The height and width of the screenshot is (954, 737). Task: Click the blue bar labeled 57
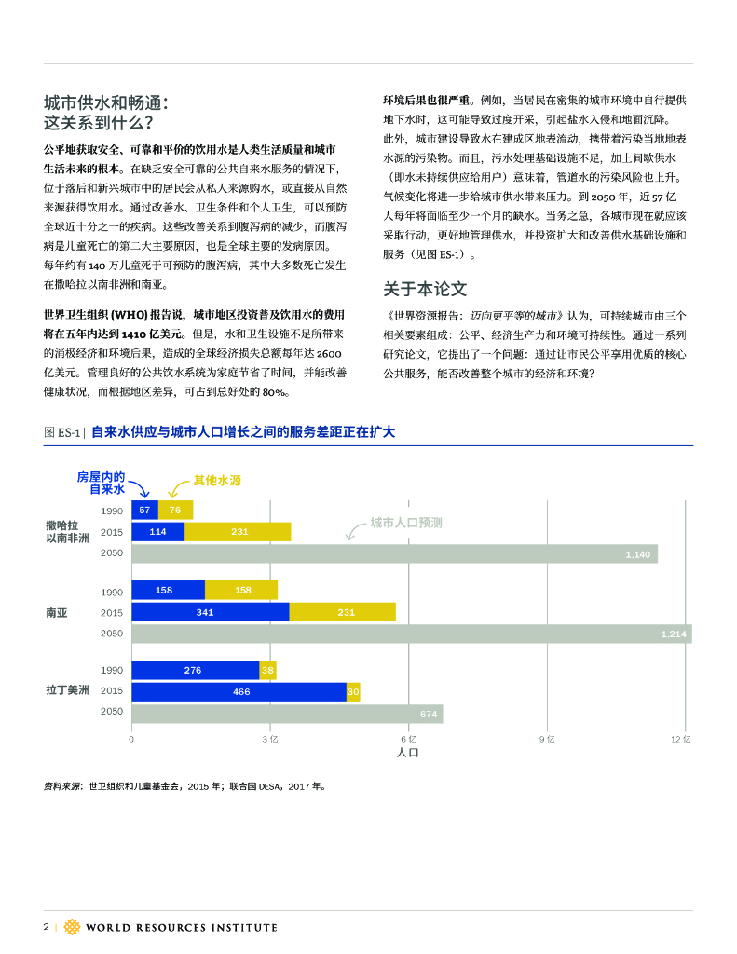point(144,510)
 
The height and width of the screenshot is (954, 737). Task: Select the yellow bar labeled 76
point(175,510)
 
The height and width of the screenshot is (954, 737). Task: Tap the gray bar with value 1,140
point(394,554)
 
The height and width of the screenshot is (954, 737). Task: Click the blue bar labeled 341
point(210,612)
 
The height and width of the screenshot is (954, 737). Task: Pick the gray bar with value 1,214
point(411,634)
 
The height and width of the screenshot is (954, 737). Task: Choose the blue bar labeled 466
point(239,691)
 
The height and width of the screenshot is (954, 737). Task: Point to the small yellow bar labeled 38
point(268,670)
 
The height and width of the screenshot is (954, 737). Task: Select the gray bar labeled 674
point(287,714)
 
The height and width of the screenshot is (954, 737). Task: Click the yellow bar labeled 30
point(353,691)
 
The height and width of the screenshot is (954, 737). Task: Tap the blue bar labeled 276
point(195,670)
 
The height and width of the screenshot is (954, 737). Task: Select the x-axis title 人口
point(408,753)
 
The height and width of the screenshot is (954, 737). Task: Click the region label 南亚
point(56,613)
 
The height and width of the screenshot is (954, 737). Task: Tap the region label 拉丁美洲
point(67,691)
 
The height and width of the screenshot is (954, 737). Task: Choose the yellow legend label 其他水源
point(217,481)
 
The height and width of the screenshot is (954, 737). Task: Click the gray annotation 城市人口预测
point(405,523)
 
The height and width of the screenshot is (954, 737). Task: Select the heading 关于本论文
point(425,289)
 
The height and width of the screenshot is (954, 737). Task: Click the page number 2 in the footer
point(47,927)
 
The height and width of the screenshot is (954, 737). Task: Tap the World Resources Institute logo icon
point(72,927)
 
